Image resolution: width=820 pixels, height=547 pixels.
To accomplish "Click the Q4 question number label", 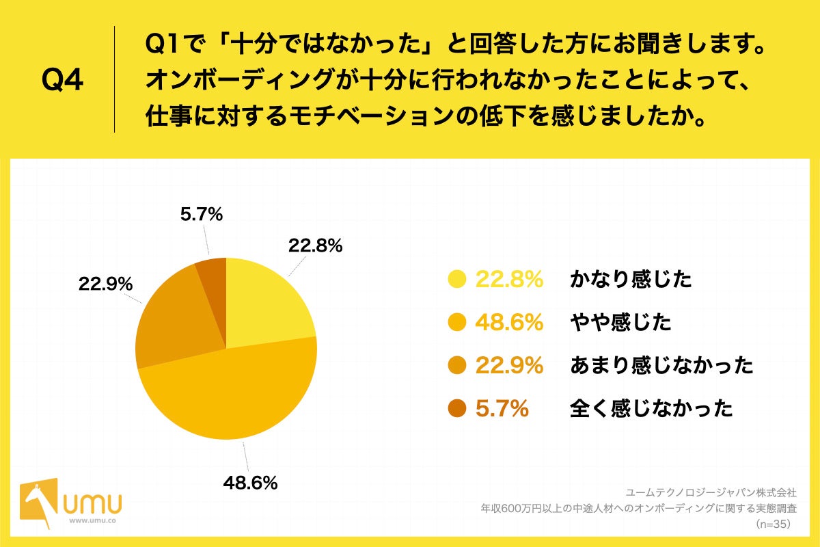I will click(x=62, y=80).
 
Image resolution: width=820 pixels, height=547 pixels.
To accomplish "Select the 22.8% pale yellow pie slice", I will click(x=263, y=301).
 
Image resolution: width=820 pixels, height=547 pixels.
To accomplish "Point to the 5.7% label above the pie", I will click(x=202, y=215).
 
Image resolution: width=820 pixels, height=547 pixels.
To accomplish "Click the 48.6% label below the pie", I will click(x=250, y=483).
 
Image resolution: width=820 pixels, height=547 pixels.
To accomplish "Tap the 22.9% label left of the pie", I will click(x=105, y=283).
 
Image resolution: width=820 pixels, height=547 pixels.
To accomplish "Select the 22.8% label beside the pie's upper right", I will click(x=315, y=245).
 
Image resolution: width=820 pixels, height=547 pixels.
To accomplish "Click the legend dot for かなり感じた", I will click(x=456, y=279).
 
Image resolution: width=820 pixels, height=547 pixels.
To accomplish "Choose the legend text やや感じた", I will click(x=620, y=322).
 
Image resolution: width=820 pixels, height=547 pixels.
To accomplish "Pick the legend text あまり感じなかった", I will click(x=661, y=366).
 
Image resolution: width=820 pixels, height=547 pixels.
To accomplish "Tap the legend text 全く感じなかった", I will click(x=651, y=409).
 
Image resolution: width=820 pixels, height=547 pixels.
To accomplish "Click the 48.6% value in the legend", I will click(x=509, y=322).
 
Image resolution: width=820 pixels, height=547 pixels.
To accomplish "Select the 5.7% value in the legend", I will click(x=502, y=409).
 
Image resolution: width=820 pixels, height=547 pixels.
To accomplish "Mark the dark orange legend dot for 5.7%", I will click(x=456, y=409).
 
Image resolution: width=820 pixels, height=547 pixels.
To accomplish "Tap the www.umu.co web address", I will click(x=92, y=520).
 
